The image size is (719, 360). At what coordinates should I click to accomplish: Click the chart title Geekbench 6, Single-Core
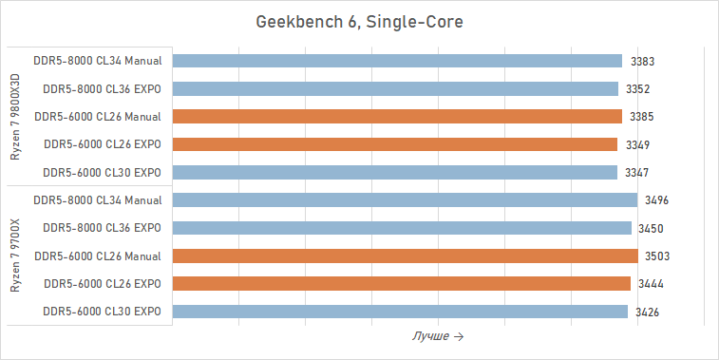point(359,21)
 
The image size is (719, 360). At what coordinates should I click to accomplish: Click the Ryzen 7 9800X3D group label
point(14,116)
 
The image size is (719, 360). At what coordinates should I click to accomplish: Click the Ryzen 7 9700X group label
point(14,256)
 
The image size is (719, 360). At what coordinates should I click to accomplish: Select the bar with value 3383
point(397,61)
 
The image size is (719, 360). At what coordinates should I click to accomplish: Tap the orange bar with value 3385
point(397,117)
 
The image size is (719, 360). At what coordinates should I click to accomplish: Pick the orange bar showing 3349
point(395,144)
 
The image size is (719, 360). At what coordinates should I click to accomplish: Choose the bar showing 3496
point(405,200)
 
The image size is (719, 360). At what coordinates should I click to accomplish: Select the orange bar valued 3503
point(406,256)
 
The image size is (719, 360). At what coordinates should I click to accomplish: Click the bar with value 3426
point(400,312)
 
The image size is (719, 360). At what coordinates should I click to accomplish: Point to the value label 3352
point(638,89)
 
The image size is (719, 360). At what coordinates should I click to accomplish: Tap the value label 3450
point(651,229)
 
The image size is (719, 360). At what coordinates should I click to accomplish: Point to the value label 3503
point(657,256)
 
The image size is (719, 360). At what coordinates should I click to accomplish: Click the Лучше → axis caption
point(438,337)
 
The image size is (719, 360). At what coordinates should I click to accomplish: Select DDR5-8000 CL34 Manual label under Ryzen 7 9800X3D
point(97,61)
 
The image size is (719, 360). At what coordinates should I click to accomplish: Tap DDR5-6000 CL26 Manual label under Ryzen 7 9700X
point(97,256)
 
